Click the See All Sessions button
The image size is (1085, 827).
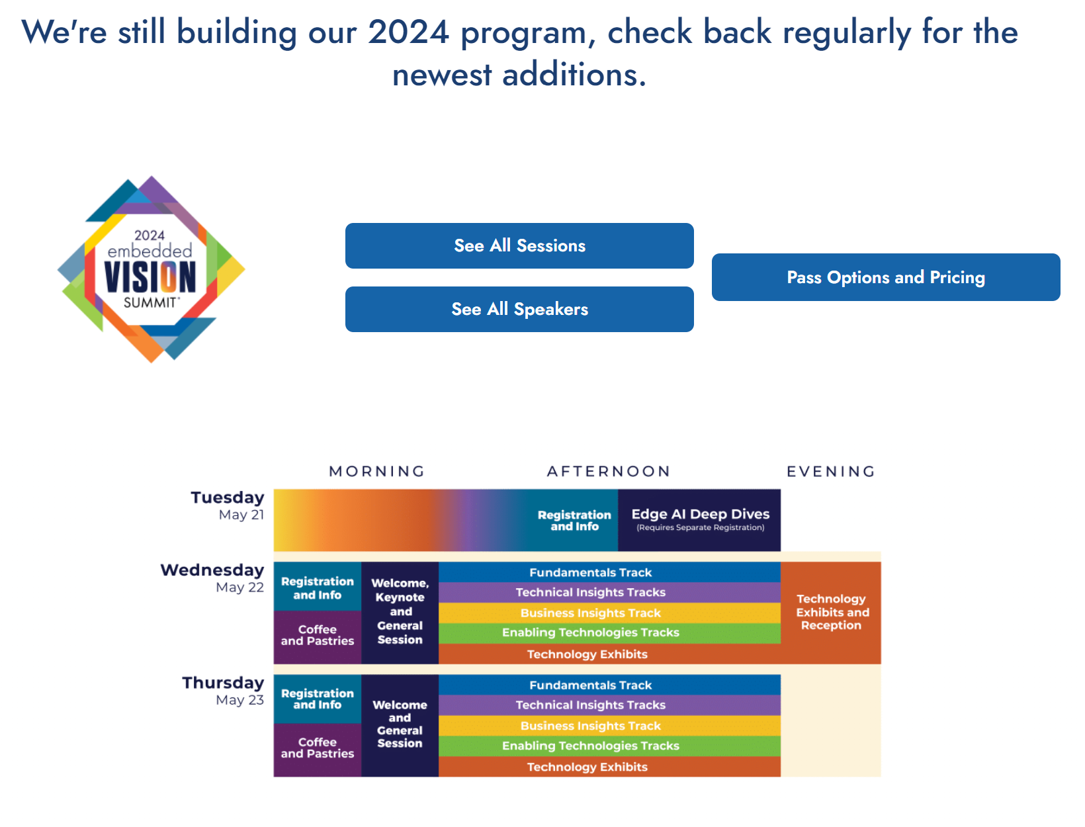tap(519, 245)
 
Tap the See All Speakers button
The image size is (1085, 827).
tap(519, 309)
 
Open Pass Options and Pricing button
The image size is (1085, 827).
tap(885, 277)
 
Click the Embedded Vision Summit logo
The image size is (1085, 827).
tap(151, 269)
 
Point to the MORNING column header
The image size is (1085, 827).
tap(376, 471)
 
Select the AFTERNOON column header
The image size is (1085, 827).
tap(609, 471)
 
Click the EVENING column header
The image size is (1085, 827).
tap(830, 471)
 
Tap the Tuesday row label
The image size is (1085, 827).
tap(228, 505)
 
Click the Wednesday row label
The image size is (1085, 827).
tap(212, 578)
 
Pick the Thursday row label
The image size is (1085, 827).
tap(223, 690)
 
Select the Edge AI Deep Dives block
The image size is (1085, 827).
tap(699, 520)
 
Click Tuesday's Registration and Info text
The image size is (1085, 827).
tap(574, 521)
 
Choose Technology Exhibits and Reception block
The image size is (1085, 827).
tap(830, 612)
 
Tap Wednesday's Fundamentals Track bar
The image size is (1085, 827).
tap(609, 572)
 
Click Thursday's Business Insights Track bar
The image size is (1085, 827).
tap(609, 725)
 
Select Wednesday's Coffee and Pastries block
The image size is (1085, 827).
tap(318, 636)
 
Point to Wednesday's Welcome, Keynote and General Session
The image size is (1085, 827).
tap(400, 612)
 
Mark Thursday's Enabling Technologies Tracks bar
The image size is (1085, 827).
tap(609, 746)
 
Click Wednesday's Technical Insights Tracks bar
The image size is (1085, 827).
tap(609, 592)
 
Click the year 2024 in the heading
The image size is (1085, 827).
tap(408, 32)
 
